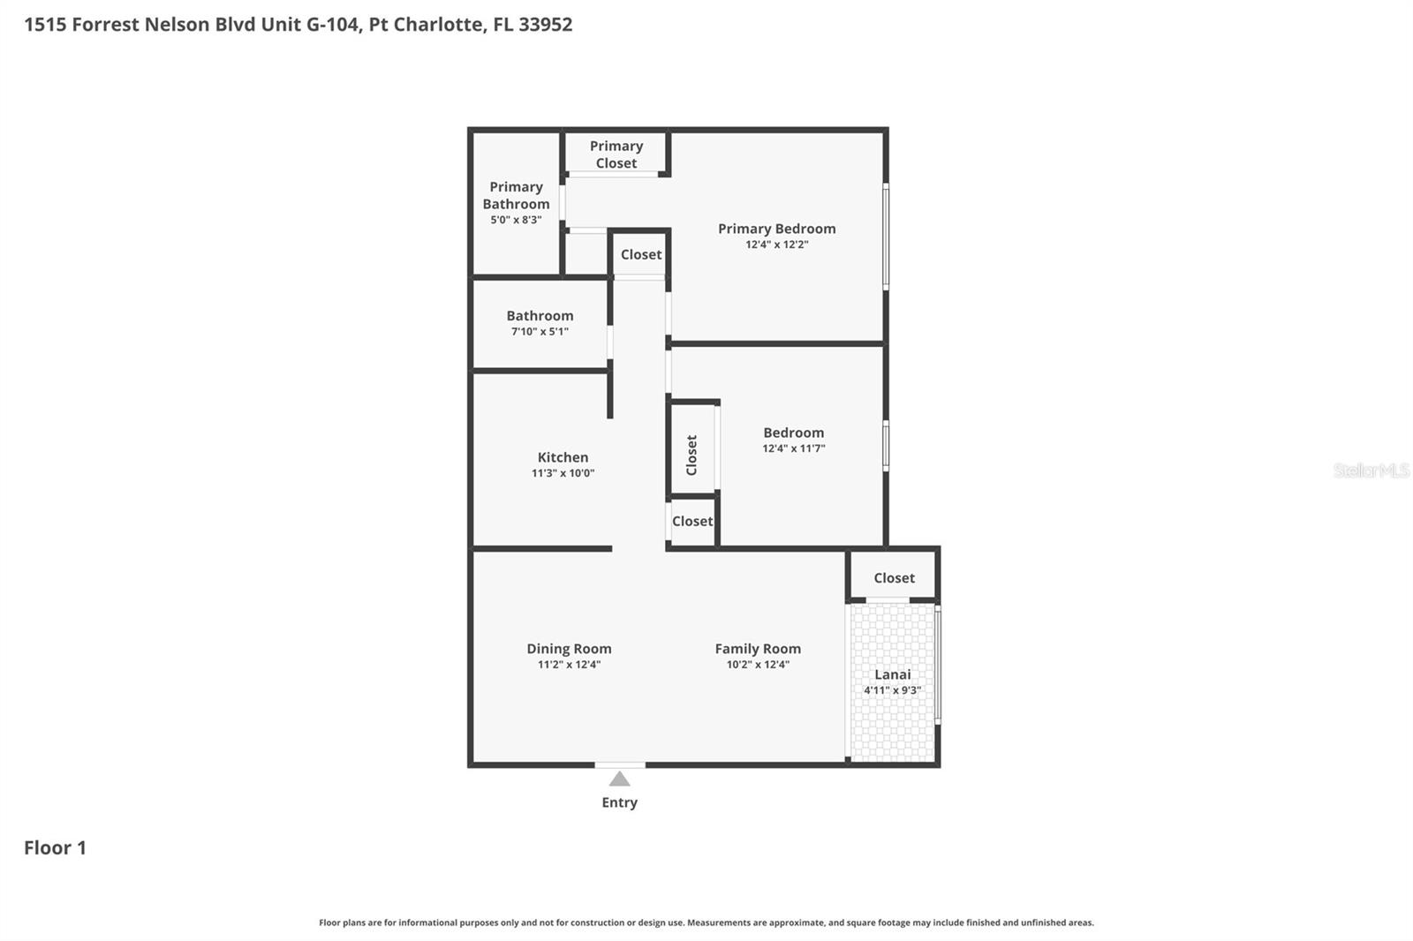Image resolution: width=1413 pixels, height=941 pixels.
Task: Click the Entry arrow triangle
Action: click(619, 779)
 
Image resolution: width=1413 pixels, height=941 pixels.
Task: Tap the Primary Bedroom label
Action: click(776, 229)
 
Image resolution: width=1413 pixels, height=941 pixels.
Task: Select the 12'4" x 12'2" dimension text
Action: click(776, 245)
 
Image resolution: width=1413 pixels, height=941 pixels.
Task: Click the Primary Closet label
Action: click(616, 154)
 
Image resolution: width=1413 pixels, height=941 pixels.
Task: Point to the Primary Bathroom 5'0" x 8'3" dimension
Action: click(516, 220)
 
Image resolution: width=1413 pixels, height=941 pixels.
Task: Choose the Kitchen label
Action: click(563, 457)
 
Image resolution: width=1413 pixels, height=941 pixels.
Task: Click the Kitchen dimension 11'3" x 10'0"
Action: click(563, 473)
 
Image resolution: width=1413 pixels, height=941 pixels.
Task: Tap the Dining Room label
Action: click(569, 649)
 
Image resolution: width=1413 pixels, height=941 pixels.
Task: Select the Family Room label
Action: click(758, 649)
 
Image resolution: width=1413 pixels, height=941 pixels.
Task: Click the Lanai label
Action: click(892, 674)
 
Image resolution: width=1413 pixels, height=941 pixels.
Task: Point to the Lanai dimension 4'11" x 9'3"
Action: click(892, 690)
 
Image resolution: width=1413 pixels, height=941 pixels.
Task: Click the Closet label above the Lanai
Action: click(894, 578)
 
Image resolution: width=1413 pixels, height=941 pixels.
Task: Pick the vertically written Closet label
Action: click(691, 455)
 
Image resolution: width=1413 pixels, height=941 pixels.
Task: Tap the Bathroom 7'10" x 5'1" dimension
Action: click(540, 332)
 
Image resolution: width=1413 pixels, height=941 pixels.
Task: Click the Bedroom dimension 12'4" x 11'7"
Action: click(793, 448)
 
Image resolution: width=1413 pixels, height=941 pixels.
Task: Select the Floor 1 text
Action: click(55, 847)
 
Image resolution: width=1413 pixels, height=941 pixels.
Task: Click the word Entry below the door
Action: click(619, 802)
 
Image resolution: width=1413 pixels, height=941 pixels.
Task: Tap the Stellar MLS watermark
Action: click(1371, 470)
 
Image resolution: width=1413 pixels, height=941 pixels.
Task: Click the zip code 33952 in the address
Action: click(545, 24)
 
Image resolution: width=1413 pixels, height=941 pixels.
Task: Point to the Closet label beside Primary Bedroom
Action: click(640, 254)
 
